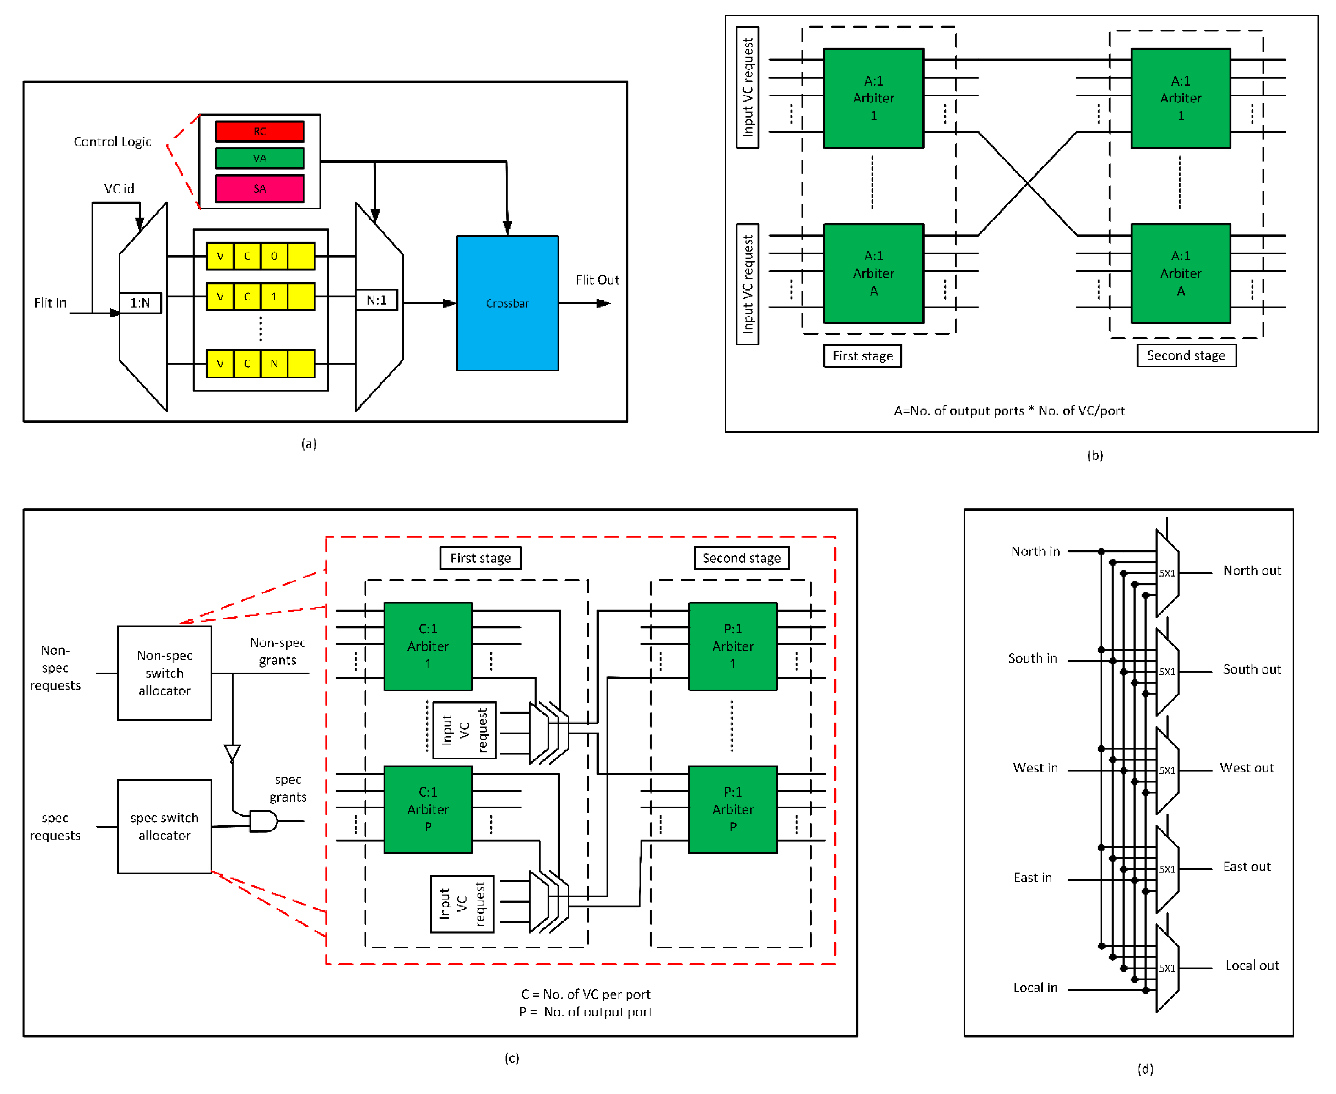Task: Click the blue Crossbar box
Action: (507, 303)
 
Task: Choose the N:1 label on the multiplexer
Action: (376, 300)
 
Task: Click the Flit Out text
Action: (597, 280)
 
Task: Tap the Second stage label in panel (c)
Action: (741, 558)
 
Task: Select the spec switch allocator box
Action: (164, 826)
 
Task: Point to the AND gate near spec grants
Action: (263, 821)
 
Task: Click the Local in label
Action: (1035, 987)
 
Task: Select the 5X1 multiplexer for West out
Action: (1166, 770)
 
